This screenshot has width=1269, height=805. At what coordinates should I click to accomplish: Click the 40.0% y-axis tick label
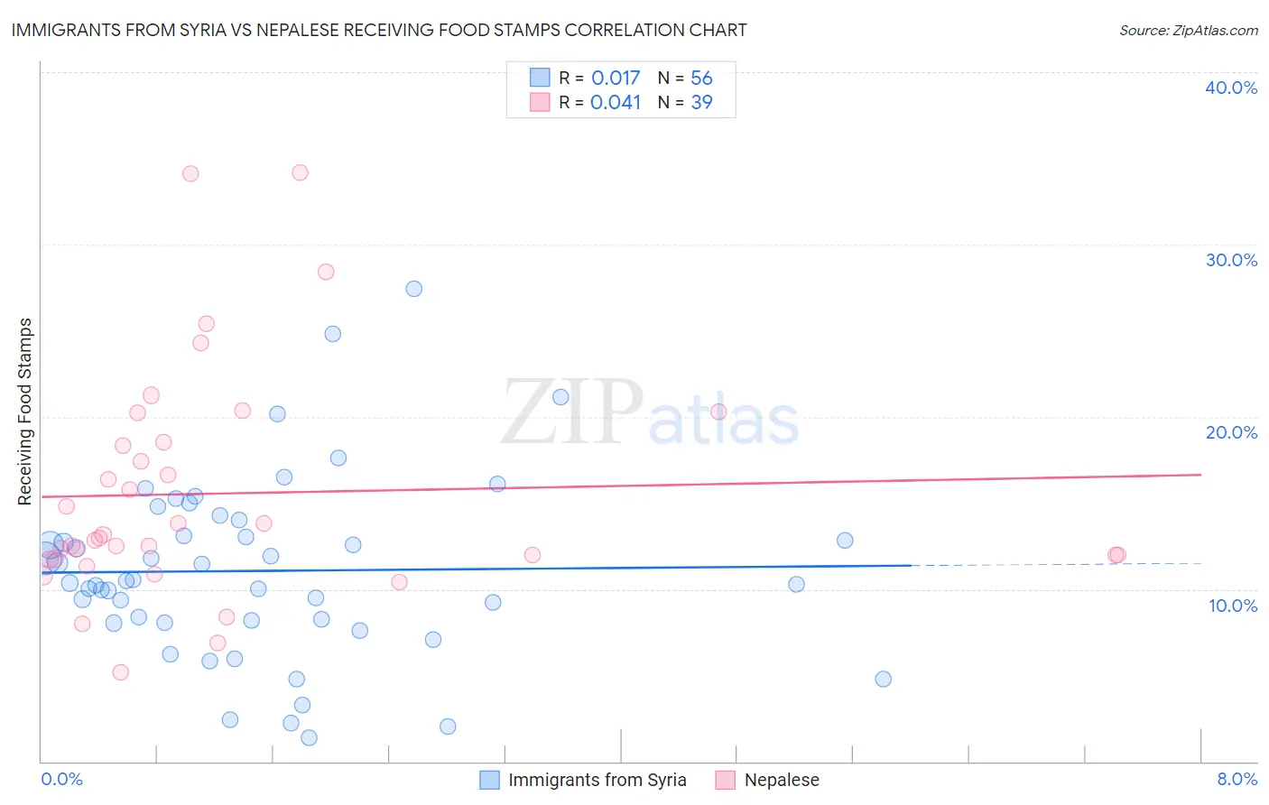pyautogui.click(x=1231, y=88)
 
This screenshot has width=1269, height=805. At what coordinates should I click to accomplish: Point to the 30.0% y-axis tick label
pyautogui.click(x=1231, y=260)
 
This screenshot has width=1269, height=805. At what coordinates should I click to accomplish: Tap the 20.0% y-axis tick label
pyautogui.click(x=1231, y=432)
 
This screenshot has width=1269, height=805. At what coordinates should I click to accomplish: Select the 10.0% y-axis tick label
pyautogui.click(x=1233, y=606)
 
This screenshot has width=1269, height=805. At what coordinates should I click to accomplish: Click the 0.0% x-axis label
pyautogui.click(x=61, y=779)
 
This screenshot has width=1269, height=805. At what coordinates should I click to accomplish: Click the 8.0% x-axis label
pyautogui.click(x=1237, y=779)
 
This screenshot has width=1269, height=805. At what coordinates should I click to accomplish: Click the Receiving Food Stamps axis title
pyautogui.click(x=25, y=412)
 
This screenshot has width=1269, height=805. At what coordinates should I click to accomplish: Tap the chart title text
pyautogui.click(x=379, y=30)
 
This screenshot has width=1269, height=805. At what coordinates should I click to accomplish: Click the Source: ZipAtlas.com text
pyautogui.click(x=1188, y=30)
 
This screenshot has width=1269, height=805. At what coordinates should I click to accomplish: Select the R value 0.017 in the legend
pyautogui.click(x=616, y=78)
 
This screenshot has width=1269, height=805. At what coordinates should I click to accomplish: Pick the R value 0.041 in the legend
pyautogui.click(x=616, y=102)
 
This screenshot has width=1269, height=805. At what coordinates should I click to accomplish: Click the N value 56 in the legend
pyautogui.click(x=701, y=78)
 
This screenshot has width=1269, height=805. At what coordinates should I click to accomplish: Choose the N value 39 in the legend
pyautogui.click(x=701, y=102)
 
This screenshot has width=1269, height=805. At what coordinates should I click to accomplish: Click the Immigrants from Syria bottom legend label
pyautogui.click(x=597, y=780)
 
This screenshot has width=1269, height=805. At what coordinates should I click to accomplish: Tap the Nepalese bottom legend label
pyautogui.click(x=782, y=780)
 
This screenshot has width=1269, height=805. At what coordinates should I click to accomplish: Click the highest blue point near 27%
pyautogui.click(x=413, y=289)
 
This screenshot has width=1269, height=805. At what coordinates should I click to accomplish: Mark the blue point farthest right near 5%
pyautogui.click(x=883, y=679)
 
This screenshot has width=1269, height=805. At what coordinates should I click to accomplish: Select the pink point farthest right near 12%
pyautogui.click(x=1117, y=555)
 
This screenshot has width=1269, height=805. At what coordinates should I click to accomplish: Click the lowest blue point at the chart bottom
pyautogui.click(x=309, y=737)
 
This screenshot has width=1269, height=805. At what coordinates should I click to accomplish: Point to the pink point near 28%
pyautogui.click(x=326, y=272)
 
